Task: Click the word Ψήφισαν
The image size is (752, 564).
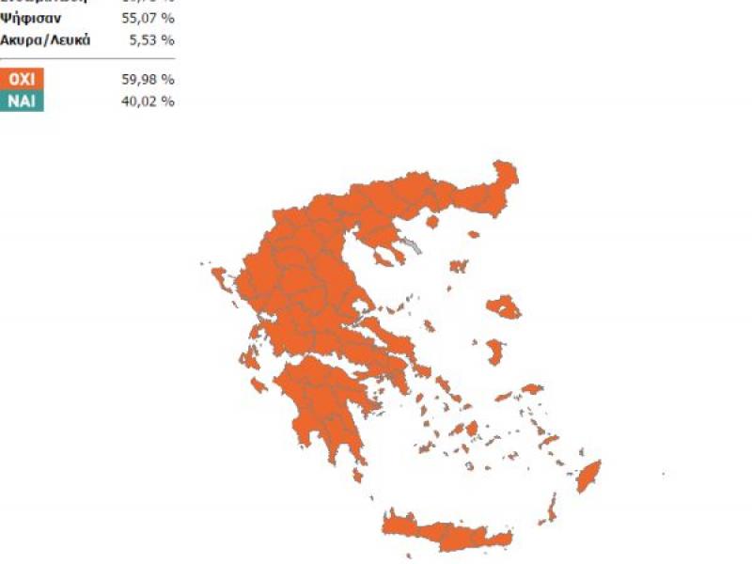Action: [39, 18]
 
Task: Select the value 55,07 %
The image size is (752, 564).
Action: [149, 18]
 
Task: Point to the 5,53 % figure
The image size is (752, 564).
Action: [152, 39]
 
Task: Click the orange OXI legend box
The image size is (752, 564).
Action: [22, 79]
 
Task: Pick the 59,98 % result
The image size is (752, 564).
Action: [149, 79]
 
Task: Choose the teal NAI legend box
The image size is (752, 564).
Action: [22, 101]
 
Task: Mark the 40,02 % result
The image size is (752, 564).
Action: [149, 101]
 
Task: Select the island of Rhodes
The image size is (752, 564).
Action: [589, 476]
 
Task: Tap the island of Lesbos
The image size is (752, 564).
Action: [505, 306]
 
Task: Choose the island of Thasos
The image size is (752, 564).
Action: [432, 222]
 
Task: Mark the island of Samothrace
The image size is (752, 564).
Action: [474, 233]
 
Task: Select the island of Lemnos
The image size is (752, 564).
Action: [459, 267]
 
